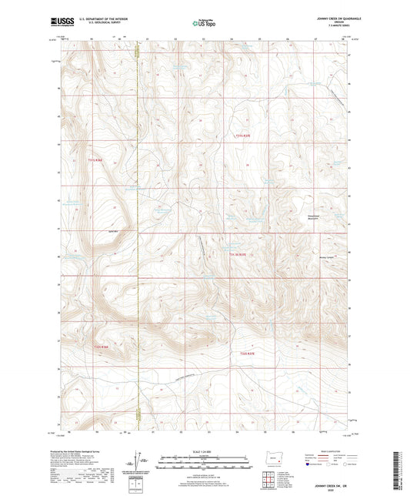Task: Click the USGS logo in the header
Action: tap(60, 22)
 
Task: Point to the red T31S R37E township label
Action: tap(242, 136)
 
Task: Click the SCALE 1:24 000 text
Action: tap(205, 451)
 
